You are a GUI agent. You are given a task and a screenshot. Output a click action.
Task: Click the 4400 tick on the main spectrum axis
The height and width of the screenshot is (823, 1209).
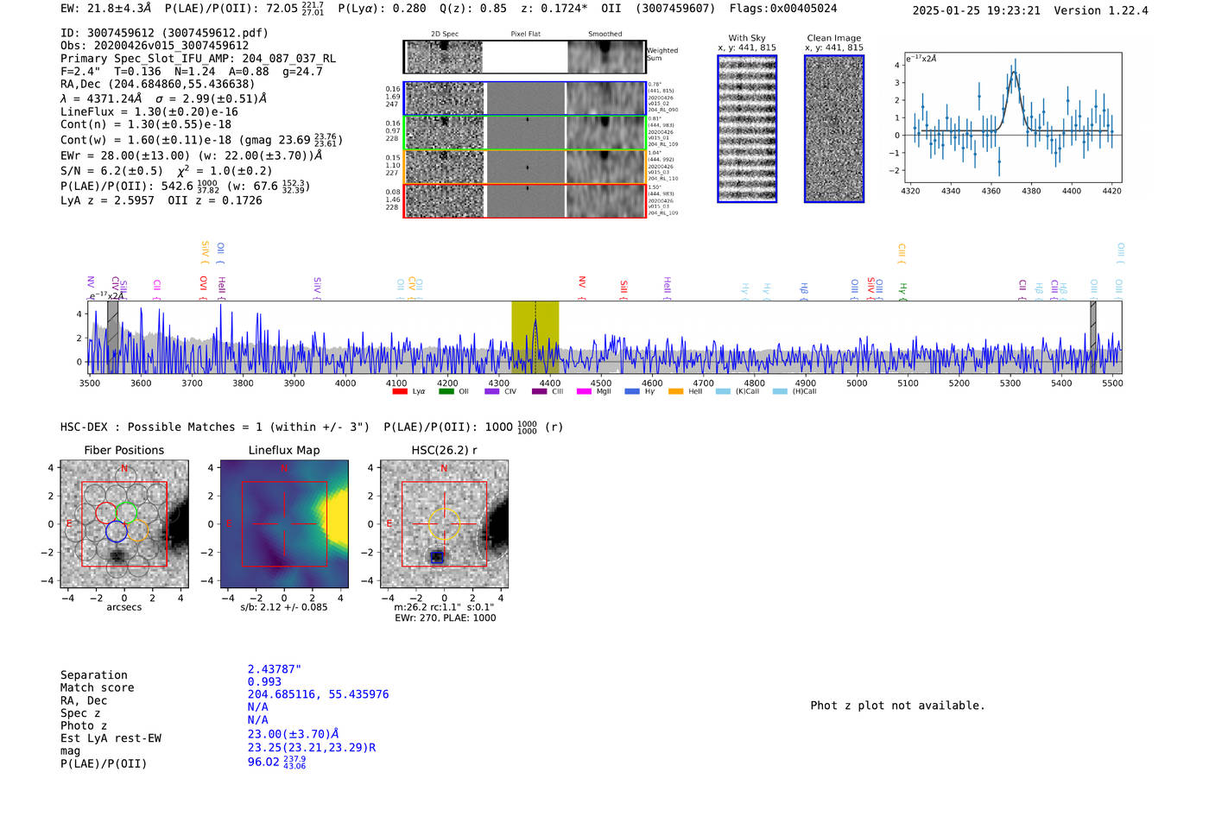click(x=549, y=383)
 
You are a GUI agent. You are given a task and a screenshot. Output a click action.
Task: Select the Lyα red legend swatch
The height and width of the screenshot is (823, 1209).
click(x=400, y=392)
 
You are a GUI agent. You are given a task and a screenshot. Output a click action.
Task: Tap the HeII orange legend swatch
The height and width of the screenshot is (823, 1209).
click(x=675, y=392)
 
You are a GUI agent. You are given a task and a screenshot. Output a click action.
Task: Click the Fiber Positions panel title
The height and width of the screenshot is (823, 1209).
click(x=123, y=450)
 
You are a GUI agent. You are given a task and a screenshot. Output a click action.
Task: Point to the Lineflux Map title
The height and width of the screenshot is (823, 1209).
click(x=283, y=450)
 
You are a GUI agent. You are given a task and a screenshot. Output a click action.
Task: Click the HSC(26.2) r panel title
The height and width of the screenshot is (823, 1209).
click(x=444, y=450)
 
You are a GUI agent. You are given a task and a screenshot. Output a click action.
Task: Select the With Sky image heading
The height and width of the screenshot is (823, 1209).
click(x=746, y=38)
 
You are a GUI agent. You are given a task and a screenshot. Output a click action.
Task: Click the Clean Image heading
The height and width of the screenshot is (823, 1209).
click(x=833, y=38)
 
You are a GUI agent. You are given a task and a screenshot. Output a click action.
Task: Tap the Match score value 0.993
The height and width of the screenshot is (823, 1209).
click(x=264, y=682)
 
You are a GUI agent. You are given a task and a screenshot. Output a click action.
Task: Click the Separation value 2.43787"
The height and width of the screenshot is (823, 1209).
click(x=274, y=669)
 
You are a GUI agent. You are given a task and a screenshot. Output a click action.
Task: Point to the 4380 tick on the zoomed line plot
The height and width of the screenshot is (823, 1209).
click(x=1031, y=191)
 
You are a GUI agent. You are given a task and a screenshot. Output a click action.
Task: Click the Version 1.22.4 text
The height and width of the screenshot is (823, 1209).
click(x=1101, y=10)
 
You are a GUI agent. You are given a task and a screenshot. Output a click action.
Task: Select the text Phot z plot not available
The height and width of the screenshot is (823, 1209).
click(x=897, y=706)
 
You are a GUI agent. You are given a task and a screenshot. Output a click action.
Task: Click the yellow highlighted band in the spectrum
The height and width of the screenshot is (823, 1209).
click(x=535, y=337)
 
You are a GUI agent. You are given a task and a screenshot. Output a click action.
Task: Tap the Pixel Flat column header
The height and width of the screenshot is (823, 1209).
click(x=525, y=35)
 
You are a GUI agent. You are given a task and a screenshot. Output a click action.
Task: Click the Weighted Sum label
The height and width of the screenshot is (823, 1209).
click(x=662, y=54)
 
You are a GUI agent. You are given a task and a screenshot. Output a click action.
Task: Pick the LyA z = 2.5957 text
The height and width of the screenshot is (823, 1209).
click(x=107, y=200)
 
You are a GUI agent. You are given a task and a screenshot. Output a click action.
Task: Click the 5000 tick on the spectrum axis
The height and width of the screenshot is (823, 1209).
click(x=857, y=383)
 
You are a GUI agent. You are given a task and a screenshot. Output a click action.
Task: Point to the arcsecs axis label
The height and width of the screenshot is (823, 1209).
click(x=123, y=607)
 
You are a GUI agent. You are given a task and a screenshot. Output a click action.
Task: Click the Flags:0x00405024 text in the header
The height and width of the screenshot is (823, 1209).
click(x=782, y=9)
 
